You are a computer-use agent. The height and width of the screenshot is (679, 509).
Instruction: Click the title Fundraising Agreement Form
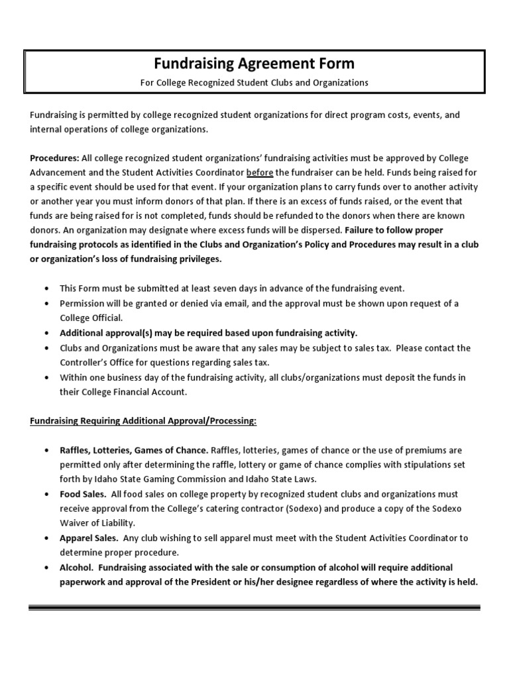254,64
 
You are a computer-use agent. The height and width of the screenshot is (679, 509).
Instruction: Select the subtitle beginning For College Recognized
254,83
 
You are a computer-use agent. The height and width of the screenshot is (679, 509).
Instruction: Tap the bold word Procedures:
54,158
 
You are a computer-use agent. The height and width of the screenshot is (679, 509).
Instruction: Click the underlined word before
259,172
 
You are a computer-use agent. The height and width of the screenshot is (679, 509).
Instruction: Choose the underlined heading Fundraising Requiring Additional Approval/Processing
143,421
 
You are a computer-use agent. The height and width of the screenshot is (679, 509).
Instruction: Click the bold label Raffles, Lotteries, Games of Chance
135,450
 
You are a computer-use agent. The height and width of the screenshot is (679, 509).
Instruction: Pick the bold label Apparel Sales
89,538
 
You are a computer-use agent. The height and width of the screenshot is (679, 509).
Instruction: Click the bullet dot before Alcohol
46,568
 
